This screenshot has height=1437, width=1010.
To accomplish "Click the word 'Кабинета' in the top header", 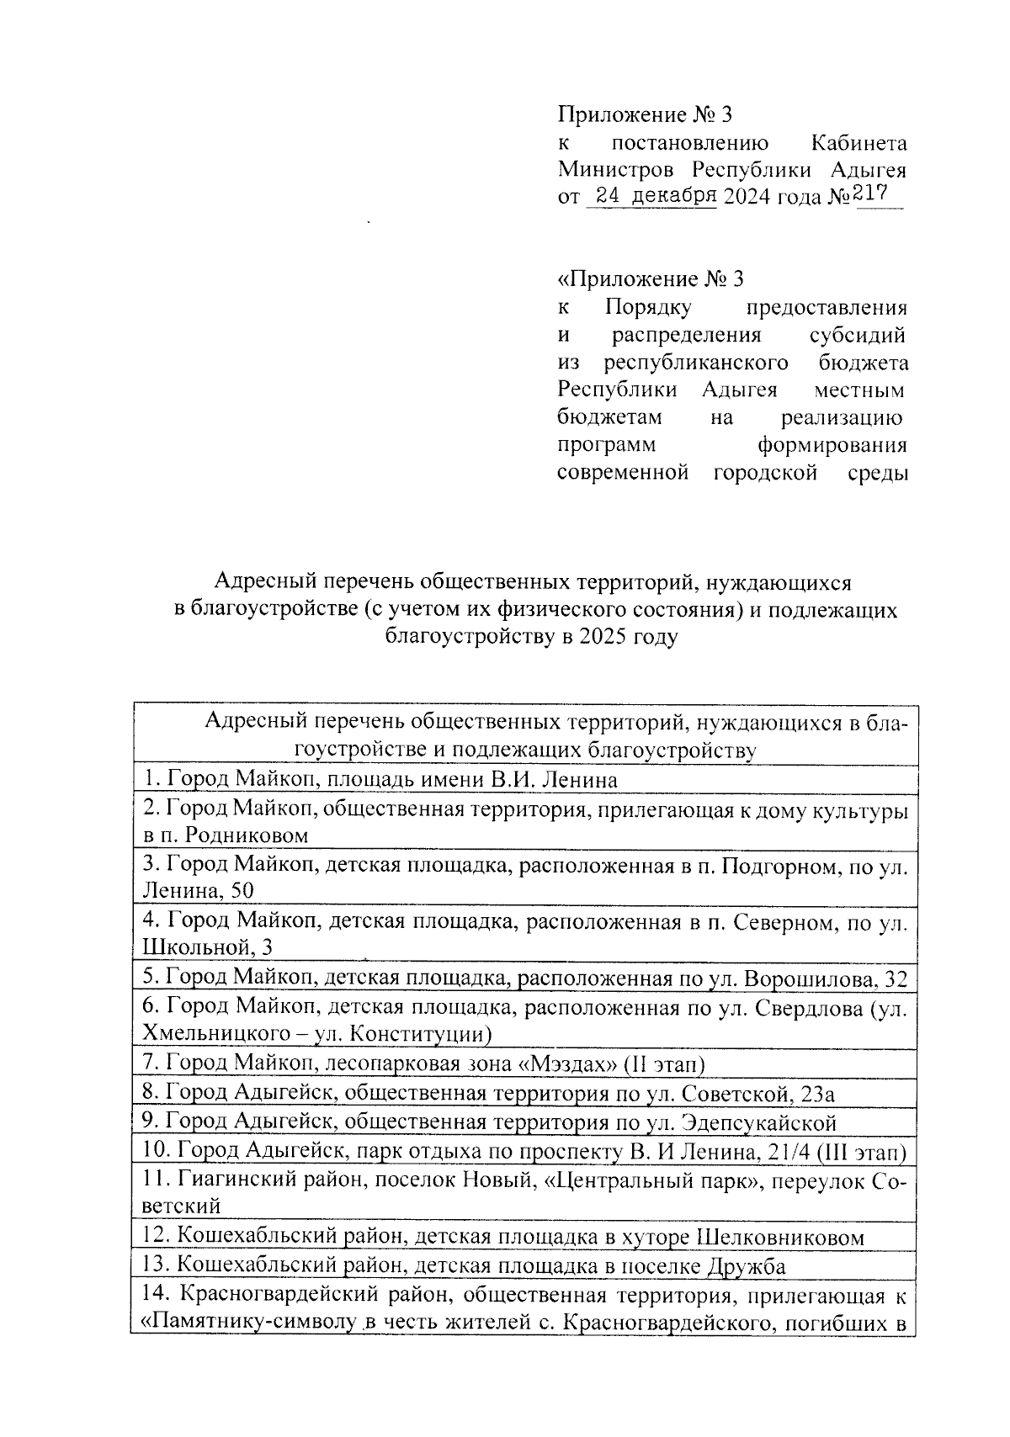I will pos(858,142).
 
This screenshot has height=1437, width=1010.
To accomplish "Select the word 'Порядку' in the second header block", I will pos(647,307).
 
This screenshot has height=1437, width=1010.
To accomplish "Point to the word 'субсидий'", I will pos(857,335).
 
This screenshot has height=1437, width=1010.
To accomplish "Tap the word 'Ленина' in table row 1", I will pos(579,780).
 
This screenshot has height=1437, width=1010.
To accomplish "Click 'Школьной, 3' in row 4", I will pos(208,947).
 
